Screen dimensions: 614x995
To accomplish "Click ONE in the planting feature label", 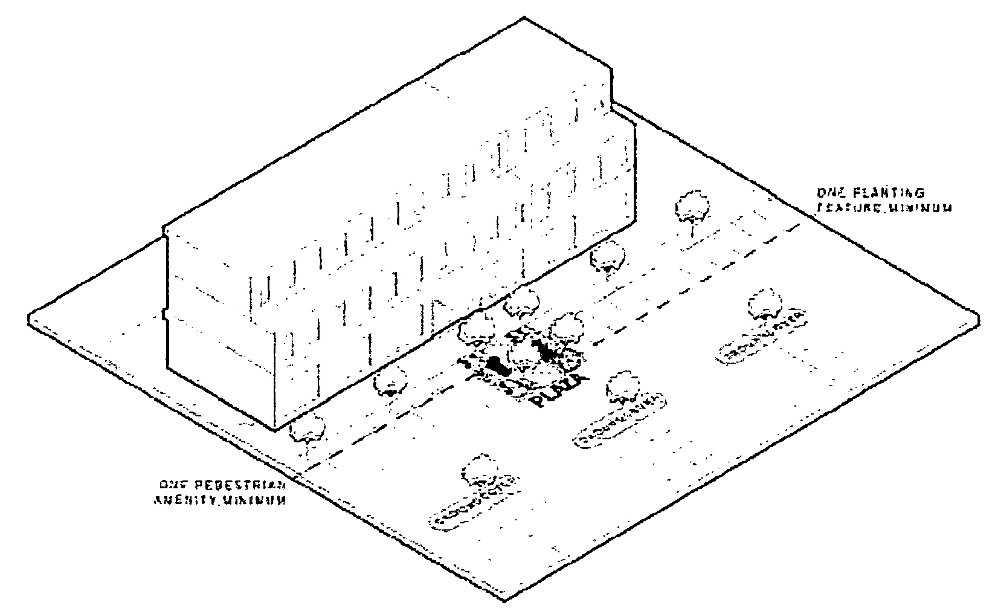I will coord(831,193).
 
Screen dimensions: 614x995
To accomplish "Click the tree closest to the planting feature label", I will coord(693,207).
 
